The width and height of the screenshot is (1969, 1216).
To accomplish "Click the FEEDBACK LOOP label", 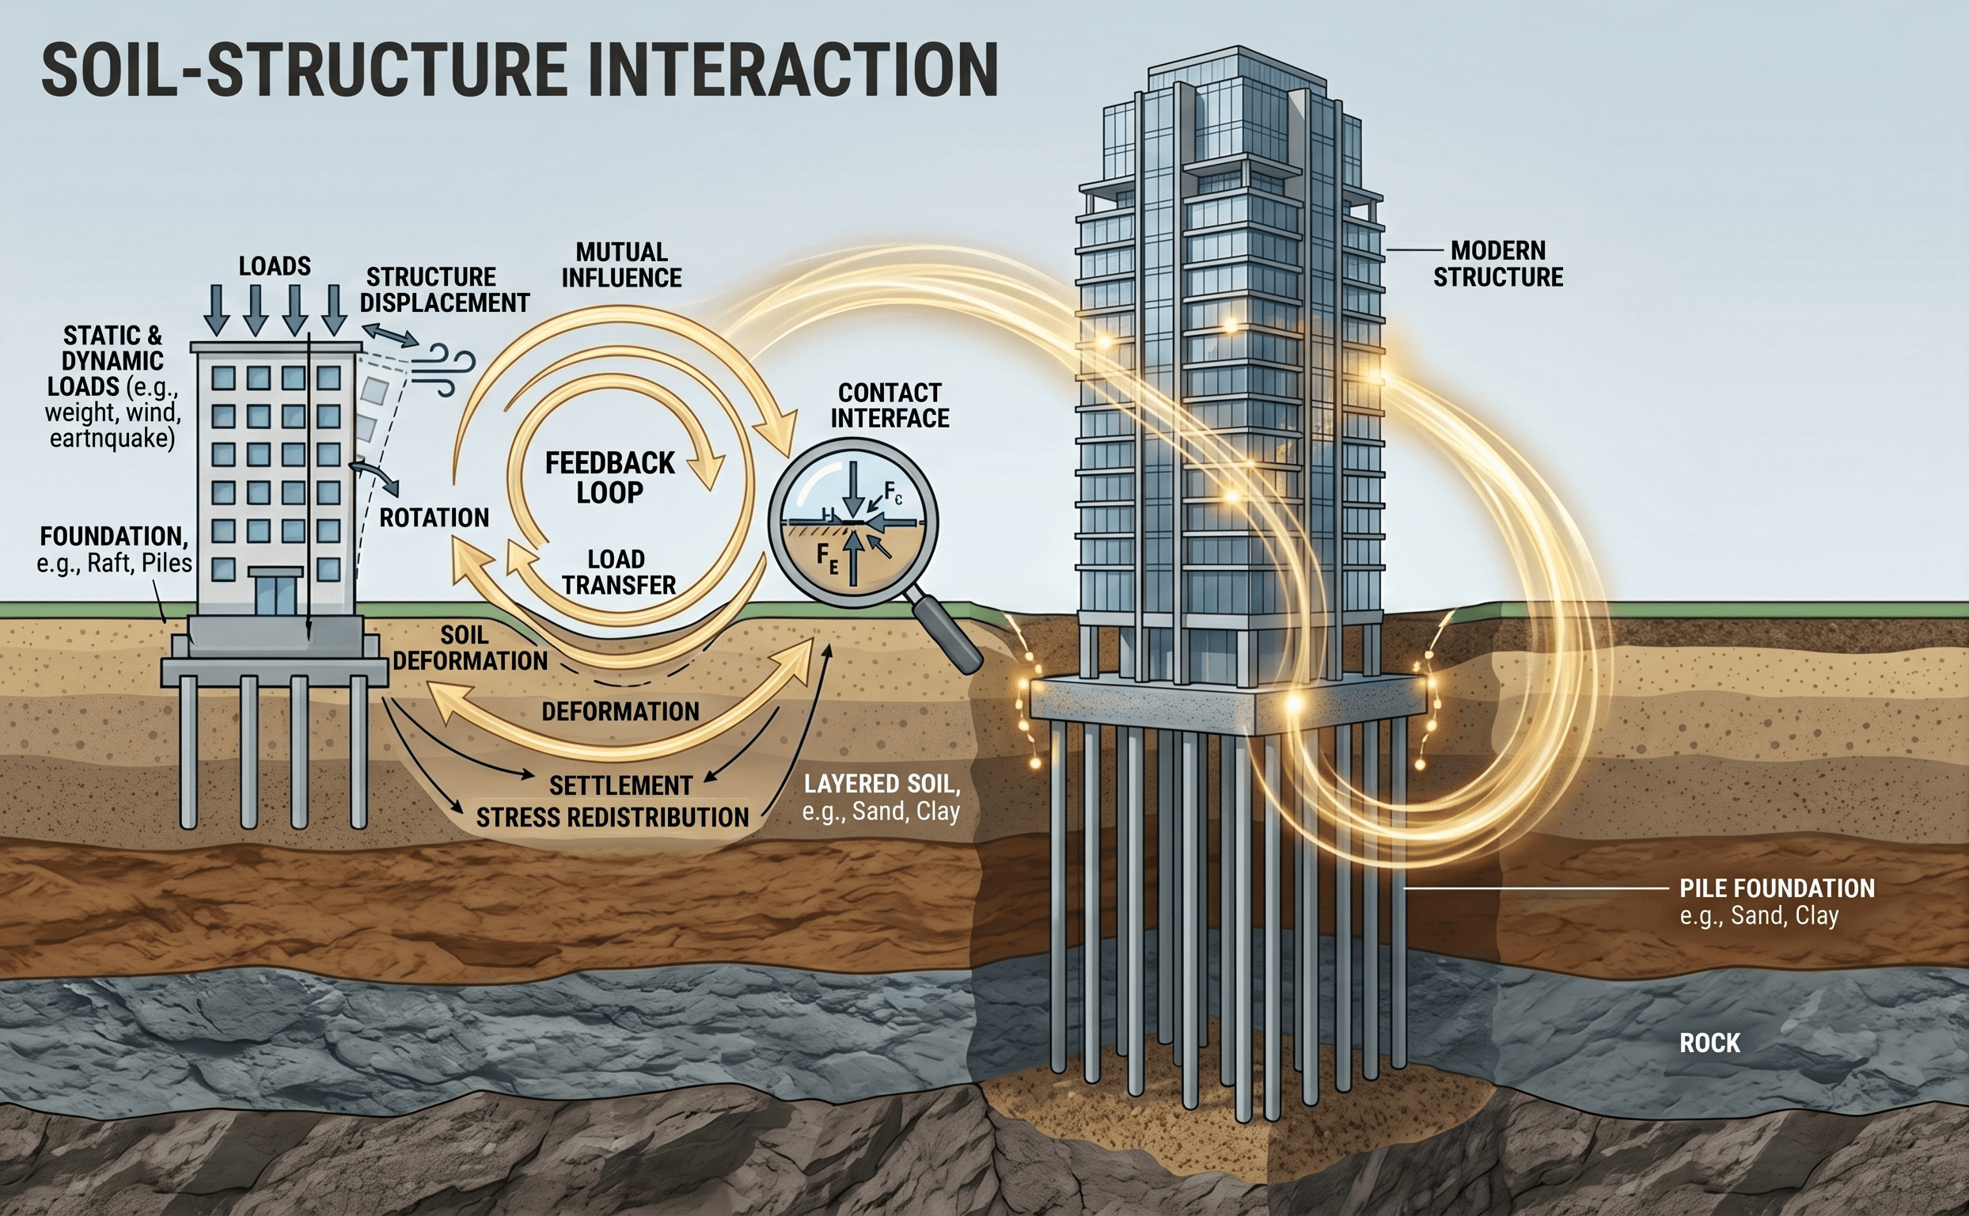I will pos(609,477).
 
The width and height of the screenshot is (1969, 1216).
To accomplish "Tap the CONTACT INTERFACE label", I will pos(890,405).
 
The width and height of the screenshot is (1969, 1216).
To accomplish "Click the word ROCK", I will pos(1709,1043).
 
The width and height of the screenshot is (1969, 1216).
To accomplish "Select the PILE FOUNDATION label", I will pos(1777,888).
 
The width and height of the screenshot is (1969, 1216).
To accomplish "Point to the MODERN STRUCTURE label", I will pos(1498,264).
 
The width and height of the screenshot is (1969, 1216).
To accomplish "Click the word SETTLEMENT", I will pos(620,785).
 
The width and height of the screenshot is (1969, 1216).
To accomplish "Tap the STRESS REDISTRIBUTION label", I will pos(612,817).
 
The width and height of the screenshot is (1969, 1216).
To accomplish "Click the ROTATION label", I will pos(434,517).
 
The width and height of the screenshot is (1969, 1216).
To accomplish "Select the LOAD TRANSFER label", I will pos(617,572).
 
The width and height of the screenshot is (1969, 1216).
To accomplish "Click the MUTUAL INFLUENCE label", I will pos(620,264).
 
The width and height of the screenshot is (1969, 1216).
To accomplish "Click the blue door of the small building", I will pos(275,594).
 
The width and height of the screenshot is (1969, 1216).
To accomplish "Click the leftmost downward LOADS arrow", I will pos(216,310).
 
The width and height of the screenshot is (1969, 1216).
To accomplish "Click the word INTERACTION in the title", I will pos(793,70).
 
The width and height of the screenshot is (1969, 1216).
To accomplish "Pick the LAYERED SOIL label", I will pos(881,796).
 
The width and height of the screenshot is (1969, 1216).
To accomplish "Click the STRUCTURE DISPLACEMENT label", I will pos(444,290).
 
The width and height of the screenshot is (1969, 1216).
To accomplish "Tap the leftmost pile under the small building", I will pos(189,752).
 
